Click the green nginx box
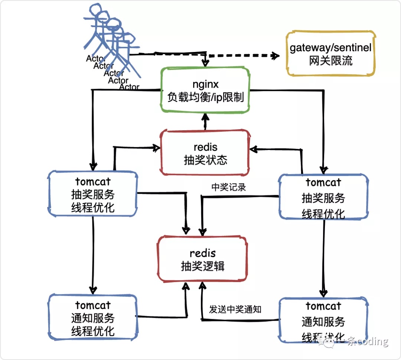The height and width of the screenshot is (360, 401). [204, 90]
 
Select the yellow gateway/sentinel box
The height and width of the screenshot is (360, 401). [330, 54]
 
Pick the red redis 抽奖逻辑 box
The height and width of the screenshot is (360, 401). [202, 259]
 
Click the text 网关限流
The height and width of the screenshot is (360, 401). [330, 61]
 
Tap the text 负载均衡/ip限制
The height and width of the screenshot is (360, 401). [205, 97]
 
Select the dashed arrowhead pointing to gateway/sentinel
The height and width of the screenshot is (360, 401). [275, 56]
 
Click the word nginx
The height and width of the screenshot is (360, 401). [205, 84]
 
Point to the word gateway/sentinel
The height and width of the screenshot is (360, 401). [330, 48]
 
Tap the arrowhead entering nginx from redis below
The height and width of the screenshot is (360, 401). [204, 118]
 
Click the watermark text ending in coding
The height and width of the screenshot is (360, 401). [368, 341]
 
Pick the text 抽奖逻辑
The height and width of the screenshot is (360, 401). [203, 266]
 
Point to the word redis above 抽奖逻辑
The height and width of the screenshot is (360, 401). [203, 253]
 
